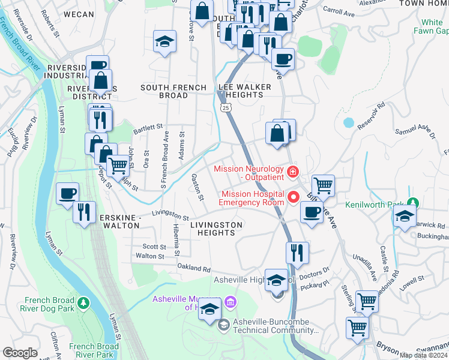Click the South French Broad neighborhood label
pos(172,91)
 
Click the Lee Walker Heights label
pos(245,91)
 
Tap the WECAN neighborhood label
pos(79,14)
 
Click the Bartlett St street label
pos(148,127)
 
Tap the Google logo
pos(20,353)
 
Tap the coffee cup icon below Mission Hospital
pos(311,212)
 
